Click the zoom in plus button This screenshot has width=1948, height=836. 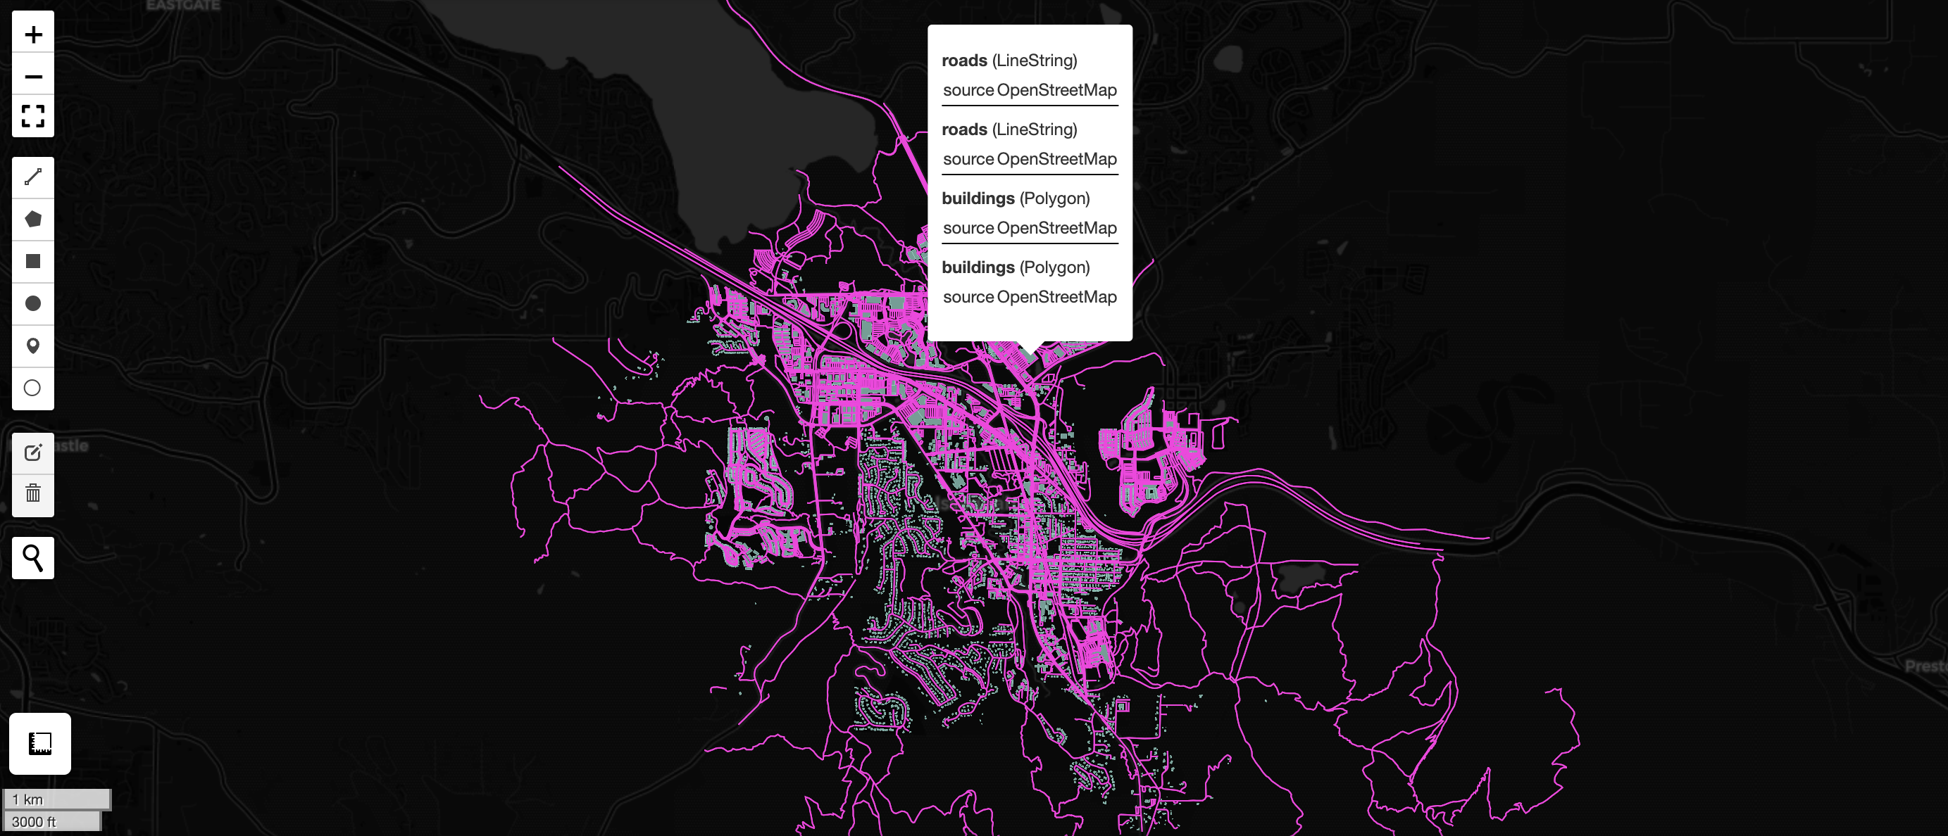click(33, 34)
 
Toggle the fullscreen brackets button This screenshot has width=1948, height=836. click(33, 115)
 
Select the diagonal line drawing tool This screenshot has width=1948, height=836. click(33, 177)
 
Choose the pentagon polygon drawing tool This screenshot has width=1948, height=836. click(33, 220)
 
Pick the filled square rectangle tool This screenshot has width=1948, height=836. click(33, 262)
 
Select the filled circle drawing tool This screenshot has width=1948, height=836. click(33, 304)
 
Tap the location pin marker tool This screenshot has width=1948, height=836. click(33, 346)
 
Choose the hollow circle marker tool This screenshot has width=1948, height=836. click(33, 388)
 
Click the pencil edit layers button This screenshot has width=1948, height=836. click(33, 452)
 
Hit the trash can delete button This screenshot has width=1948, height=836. click(33, 494)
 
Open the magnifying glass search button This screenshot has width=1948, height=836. click(33, 558)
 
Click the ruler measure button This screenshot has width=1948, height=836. click(40, 743)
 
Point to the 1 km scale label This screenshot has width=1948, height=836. click(28, 799)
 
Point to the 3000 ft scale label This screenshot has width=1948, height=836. click(34, 822)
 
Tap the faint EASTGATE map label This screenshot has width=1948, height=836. click(183, 6)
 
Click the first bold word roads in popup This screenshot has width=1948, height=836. click(964, 61)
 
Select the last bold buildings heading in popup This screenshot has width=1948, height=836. click(978, 267)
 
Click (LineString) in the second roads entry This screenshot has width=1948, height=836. click(1035, 129)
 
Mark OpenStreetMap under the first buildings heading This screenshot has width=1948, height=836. click(1056, 228)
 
